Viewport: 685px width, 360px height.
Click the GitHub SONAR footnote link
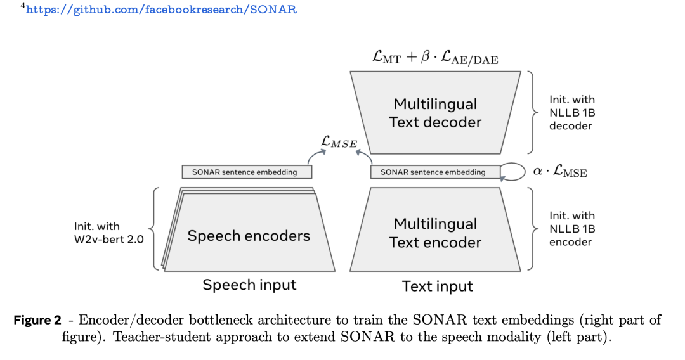click(x=161, y=10)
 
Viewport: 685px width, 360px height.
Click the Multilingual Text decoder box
click(x=435, y=113)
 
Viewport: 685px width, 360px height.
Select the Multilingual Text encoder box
click(x=435, y=229)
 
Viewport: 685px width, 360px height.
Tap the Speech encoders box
click(x=248, y=230)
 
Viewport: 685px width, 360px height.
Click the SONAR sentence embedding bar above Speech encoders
click(x=247, y=172)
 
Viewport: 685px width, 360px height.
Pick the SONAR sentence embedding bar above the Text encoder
click(x=435, y=172)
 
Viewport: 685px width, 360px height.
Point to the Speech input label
click(x=249, y=285)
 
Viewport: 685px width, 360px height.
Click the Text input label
click(x=437, y=286)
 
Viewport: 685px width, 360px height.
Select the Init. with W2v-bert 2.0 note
click(x=109, y=233)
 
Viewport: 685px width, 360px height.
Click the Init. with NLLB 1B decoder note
click(x=572, y=113)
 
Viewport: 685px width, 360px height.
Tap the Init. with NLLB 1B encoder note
click(x=572, y=229)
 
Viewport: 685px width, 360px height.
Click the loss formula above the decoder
click(x=435, y=57)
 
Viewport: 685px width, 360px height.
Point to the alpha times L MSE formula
click(x=560, y=171)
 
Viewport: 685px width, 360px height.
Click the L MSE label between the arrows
click(x=339, y=141)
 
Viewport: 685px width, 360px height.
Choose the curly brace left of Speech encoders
click(x=153, y=229)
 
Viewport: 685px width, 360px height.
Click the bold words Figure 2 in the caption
click(x=37, y=320)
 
